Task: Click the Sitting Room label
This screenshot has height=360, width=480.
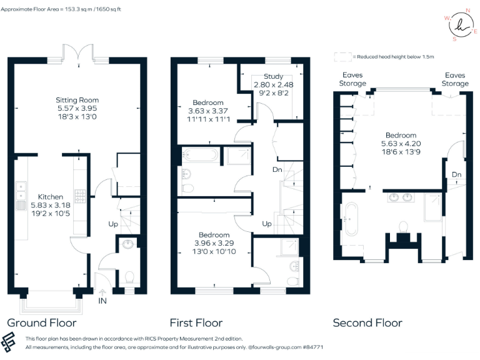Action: point(77,100)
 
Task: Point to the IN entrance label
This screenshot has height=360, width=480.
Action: point(102,301)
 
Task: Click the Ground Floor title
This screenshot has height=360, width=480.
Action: point(41,322)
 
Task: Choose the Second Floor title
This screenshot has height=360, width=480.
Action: point(367,322)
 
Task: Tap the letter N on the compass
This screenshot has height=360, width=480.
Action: point(467,11)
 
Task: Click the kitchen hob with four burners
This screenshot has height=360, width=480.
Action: point(80,197)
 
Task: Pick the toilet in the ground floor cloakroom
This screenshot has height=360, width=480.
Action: point(130,276)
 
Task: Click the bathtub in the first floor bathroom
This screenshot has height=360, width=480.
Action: point(200,155)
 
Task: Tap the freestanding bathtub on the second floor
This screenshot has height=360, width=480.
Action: point(349,219)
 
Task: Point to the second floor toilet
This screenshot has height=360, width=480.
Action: point(403,226)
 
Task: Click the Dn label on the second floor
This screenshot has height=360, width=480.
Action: point(456,174)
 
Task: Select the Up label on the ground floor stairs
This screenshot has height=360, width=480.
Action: point(112,223)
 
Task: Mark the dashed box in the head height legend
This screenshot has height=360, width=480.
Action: point(342,57)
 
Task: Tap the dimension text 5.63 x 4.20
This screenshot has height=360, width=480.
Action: point(401,143)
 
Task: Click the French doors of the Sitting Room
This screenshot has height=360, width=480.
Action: point(77,54)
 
